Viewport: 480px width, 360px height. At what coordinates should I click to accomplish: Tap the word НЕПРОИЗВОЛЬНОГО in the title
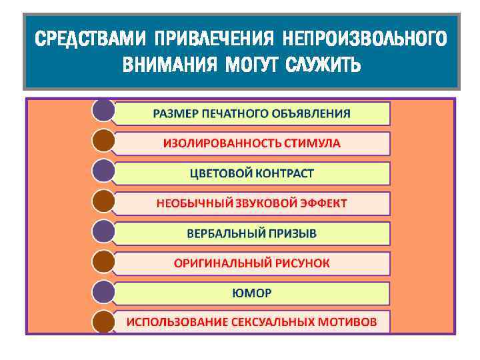point(363,39)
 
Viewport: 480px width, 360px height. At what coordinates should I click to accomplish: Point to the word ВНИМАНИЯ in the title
point(170,65)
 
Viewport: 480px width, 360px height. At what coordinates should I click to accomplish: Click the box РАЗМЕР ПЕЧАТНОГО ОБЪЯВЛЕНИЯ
point(251,113)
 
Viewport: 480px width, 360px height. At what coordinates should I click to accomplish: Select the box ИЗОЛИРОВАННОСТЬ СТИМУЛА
point(251,143)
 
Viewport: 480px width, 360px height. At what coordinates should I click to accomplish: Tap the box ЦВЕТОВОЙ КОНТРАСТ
point(251,173)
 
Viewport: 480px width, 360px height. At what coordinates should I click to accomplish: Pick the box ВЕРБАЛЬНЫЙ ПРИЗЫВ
point(251,233)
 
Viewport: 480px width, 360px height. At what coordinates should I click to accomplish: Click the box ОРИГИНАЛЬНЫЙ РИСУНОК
point(251,263)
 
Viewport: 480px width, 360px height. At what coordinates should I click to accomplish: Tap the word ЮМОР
point(251,293)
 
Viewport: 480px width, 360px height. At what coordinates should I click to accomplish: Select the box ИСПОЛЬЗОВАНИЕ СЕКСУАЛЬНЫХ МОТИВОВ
point(251,322)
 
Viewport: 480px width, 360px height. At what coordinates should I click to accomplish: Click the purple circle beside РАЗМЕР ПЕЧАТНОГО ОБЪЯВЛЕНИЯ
point(103,111)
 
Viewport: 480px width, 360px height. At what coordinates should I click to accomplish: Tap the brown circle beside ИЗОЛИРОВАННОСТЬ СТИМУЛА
point(103,141)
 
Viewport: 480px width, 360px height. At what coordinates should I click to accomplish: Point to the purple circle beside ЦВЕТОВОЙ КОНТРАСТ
point(103,171)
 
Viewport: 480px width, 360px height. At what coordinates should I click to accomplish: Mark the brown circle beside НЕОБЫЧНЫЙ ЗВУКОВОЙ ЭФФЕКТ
point(103,201)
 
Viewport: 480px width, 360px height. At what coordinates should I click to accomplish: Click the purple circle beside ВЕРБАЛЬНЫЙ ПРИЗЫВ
point(103,231)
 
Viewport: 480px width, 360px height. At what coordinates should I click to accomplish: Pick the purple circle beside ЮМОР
point(103,291)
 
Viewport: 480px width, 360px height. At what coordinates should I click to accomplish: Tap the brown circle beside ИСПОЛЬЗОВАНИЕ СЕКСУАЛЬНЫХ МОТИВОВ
point(103,321)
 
